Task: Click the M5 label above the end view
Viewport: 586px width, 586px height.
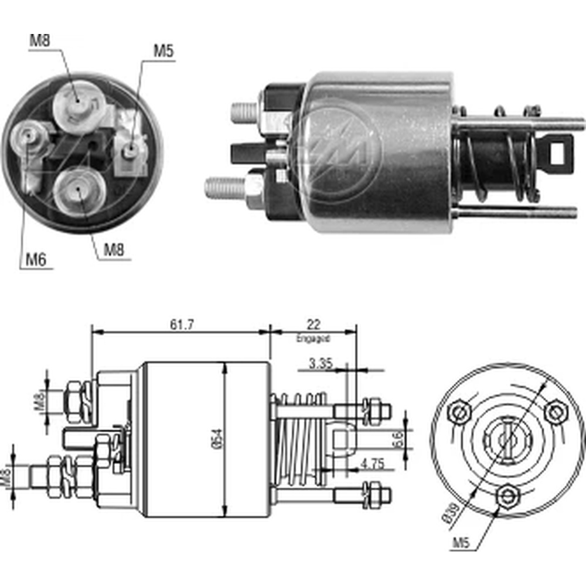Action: (163, 51)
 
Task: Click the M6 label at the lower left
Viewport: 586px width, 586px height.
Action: (36, 259)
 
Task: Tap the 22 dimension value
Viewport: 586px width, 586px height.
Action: (314, 324)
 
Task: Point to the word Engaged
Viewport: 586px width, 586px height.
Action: (313, 338)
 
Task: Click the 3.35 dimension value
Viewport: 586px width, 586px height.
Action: (321, 363)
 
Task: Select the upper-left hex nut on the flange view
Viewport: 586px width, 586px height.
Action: (459, 412)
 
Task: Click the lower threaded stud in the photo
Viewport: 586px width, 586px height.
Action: (226, 188)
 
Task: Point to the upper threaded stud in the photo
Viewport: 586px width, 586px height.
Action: (244, 111)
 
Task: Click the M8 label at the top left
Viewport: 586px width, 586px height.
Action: (39, 41)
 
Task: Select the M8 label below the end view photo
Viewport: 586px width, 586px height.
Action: (114, 250)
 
